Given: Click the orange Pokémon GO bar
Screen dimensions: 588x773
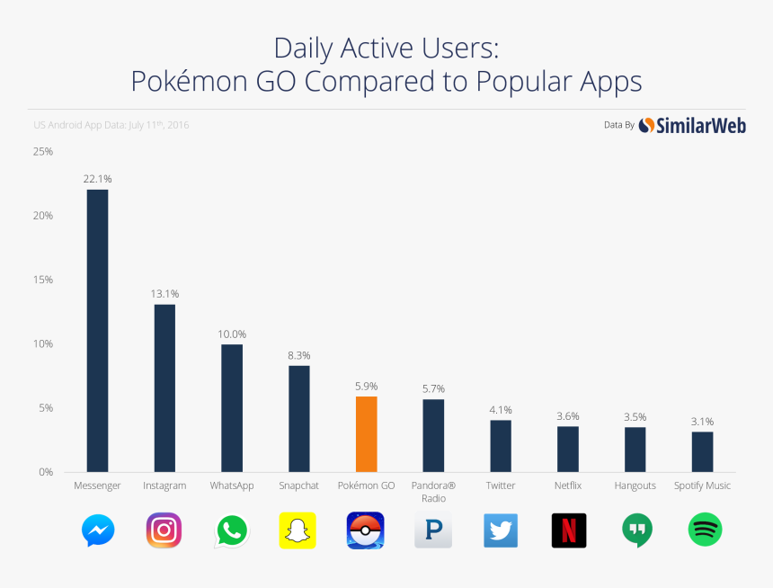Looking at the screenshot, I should click(366, 434).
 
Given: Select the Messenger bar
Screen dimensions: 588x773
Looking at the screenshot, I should click(97, 330).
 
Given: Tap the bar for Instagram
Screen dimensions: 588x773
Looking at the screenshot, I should click(164, 388).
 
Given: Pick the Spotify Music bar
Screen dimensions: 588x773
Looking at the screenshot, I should click(702, 451).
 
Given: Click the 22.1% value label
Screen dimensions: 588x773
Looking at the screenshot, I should click(97, 179).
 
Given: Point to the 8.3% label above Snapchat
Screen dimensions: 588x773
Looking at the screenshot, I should click(298, 355).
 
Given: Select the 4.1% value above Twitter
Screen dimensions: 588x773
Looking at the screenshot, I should click(501, 410).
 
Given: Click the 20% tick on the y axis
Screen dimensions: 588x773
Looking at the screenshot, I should click(43, 216).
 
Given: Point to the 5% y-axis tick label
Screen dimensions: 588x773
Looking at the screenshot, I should click(45, 408).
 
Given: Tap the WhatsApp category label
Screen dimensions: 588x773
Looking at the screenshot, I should click(232, 486).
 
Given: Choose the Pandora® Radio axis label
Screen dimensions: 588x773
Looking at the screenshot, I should click(433, 492).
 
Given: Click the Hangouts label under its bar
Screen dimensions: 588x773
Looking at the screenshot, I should click(635, 486).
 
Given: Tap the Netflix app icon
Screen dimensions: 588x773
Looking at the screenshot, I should click(568, 530).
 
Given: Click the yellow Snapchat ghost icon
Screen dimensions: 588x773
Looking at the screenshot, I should click(298, 530).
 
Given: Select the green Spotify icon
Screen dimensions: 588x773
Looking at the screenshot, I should click(705, 530).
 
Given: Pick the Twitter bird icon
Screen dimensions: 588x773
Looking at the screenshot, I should click(501, 530).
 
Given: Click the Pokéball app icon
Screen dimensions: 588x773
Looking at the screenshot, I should click(366, 530).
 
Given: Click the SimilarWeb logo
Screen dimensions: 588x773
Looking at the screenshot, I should click(692, 126).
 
